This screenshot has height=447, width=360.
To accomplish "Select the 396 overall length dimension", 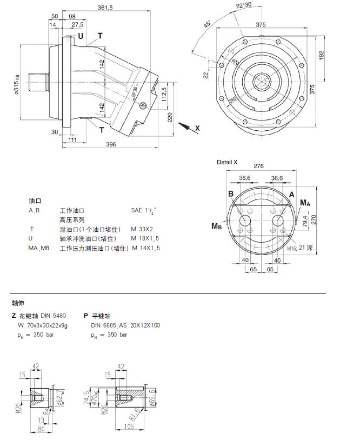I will click(x=111, y=144).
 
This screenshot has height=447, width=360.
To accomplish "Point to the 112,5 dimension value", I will click(x=164, y=97).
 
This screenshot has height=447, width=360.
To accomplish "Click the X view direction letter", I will click(x=197, y=128).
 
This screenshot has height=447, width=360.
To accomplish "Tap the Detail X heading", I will click(x=228, y=162).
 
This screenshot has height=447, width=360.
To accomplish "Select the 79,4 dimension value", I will click(x=305, y=221).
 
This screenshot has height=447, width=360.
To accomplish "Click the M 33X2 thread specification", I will click(x=142, y=229).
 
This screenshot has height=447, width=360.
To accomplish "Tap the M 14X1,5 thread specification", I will click(x=145, y=248).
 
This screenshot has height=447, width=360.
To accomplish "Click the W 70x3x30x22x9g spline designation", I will click(x=43, y=325).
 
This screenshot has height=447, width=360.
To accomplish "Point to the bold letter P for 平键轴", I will click(x=86, y=316).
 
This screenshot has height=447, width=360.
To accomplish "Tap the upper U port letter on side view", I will click(x=81, y=36).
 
